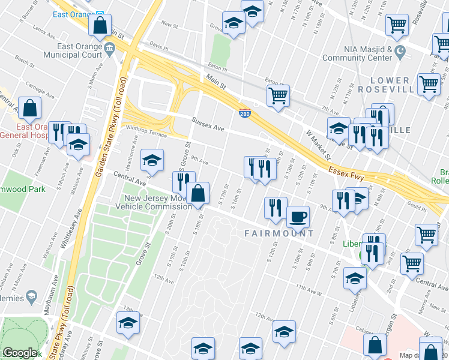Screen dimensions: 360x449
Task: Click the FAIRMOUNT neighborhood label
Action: click(x=279, y=233)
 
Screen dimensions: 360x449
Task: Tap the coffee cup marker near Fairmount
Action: click(x=298, y=217)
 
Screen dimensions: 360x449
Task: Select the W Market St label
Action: click(x=318, y=145)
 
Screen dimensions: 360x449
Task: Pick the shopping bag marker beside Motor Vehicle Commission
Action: click(x=197, y=194)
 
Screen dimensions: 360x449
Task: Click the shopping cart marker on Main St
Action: click(x=278, y=96)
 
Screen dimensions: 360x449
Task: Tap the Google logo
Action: click(x=19, y=353)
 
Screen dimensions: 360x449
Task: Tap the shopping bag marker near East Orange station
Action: click(x=100, y=26)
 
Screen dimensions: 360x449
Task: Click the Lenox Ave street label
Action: click(x=48, y=28)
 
